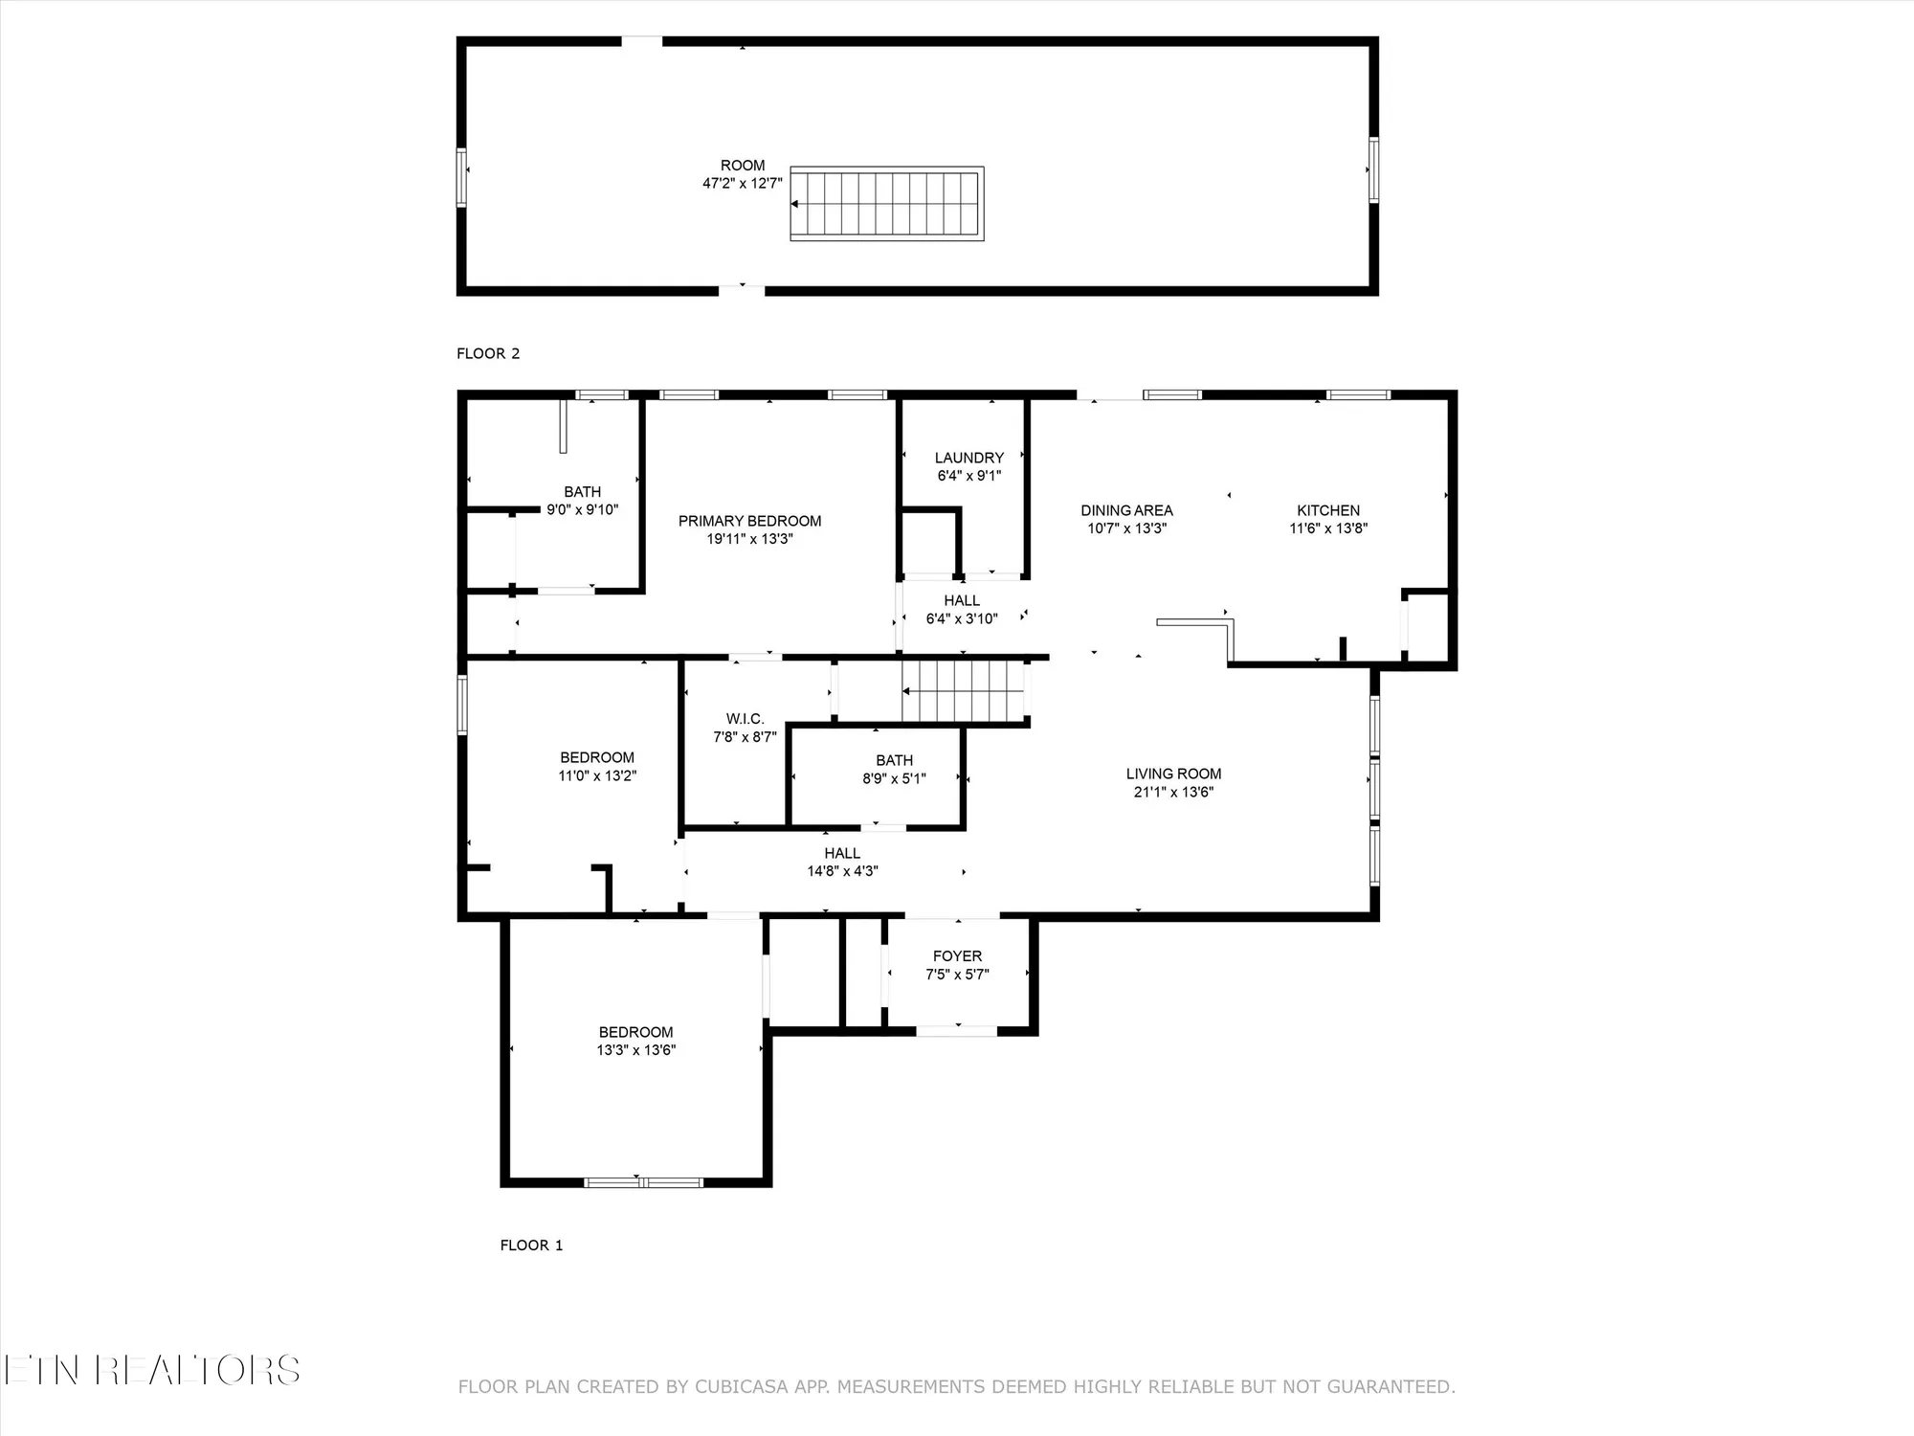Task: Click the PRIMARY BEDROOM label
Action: [x=749, y=521]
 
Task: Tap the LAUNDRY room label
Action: [x=968, y=458]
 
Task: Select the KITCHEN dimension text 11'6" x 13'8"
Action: [x=1328, y=528]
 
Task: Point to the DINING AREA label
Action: [x=1126, y=510]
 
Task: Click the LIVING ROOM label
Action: [x=1173, y=774]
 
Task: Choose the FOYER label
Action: [x=957, y=956]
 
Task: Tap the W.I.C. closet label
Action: [x=745, y=719]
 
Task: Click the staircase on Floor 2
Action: [x=886, y=203]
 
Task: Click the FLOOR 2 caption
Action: [x=488, y=353]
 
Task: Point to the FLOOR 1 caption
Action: [x=531, y=1245]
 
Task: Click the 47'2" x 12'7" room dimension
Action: [x=743, y=184]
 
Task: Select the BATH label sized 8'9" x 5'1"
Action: [x=894, y=760]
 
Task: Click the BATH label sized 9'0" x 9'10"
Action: [x=582, y=492]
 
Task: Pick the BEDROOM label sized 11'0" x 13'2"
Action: [x=597, y=757]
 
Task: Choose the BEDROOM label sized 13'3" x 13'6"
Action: [x=635, y=1032]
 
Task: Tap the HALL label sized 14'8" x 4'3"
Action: [x=842, y=853]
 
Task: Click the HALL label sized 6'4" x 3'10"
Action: [x=962, y=600]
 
